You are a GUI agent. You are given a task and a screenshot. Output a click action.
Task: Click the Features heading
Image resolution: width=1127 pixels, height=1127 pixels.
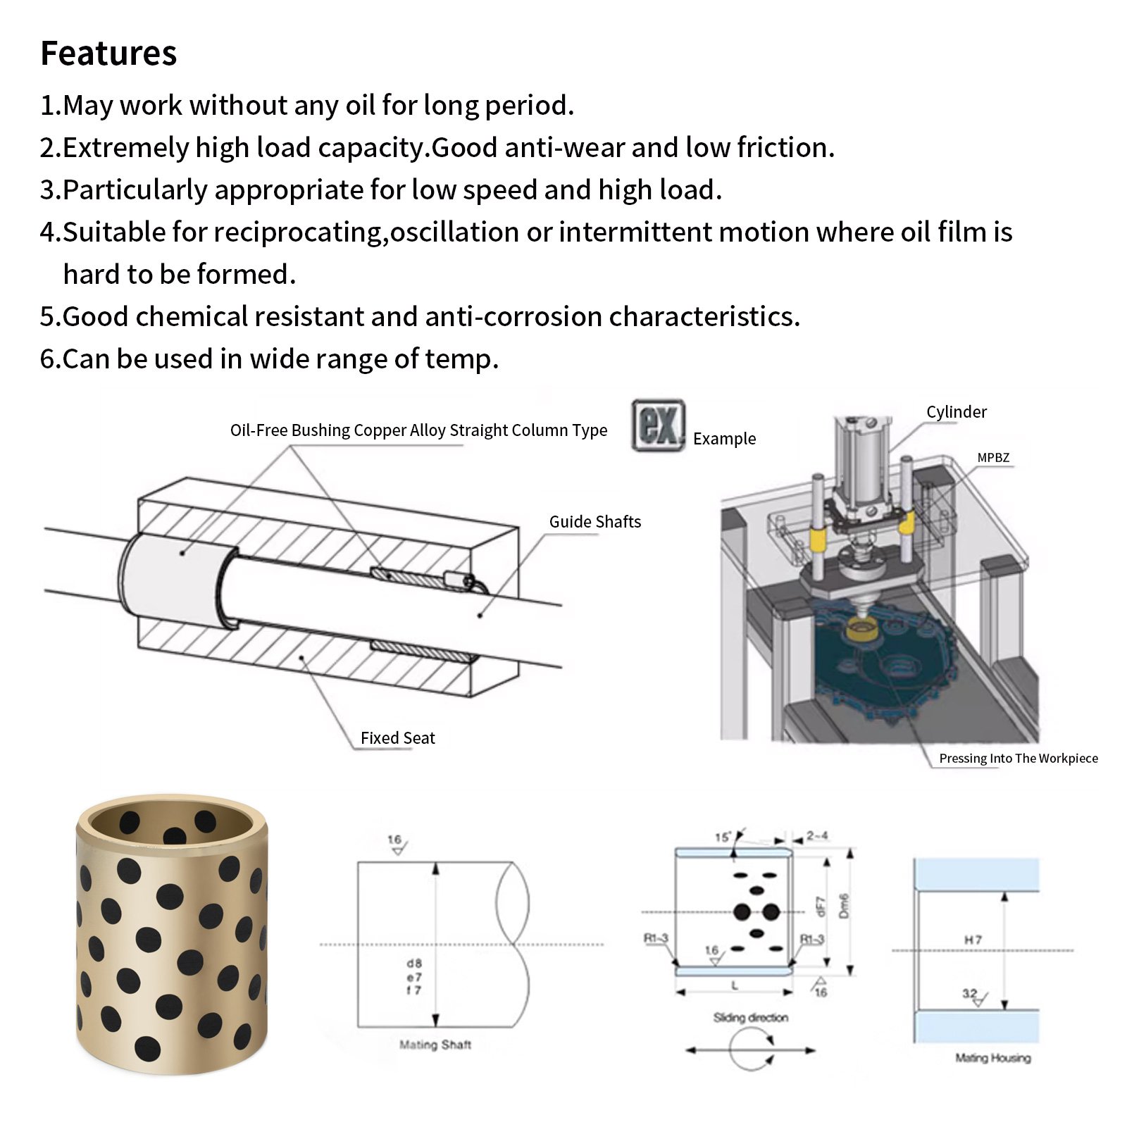point(108,54)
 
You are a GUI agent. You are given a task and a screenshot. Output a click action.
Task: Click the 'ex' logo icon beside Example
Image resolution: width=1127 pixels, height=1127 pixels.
point(658,425)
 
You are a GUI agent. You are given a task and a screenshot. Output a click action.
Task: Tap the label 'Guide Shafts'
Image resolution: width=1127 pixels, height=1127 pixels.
point(595,522)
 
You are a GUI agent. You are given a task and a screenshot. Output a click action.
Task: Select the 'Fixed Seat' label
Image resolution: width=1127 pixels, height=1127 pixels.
point(397,738)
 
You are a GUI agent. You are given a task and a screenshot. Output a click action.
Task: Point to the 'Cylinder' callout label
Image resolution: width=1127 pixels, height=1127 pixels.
point(956,412)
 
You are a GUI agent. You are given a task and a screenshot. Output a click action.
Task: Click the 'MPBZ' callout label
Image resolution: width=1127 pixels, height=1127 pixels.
point(993,458)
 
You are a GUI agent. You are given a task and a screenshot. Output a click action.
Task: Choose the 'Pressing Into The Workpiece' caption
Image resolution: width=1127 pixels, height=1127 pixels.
point(1018,759)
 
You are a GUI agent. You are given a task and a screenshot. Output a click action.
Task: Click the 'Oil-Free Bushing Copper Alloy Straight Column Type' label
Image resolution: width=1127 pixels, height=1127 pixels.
point(418,430)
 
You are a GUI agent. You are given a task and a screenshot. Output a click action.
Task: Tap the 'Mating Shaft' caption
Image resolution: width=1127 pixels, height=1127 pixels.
point(435,1045)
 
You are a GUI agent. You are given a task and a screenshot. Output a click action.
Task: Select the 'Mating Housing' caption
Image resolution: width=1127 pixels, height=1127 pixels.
point(992,1058)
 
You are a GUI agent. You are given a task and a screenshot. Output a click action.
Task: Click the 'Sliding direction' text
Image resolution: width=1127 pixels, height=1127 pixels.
point(750,1018)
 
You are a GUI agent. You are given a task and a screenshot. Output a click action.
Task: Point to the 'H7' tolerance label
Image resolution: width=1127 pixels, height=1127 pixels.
point(973,940)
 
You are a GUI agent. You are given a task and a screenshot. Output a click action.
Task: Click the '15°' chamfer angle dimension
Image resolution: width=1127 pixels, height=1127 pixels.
point(723,838)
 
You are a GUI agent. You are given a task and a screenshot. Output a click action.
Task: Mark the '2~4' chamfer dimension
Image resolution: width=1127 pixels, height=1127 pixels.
point(817,836)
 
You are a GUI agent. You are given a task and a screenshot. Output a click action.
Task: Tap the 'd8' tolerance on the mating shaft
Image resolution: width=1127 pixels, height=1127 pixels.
point(414,963)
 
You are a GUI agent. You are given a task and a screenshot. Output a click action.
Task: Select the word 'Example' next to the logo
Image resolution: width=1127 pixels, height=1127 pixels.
point(724,439)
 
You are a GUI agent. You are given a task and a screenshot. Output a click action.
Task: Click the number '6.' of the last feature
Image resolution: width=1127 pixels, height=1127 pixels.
point(50,359)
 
